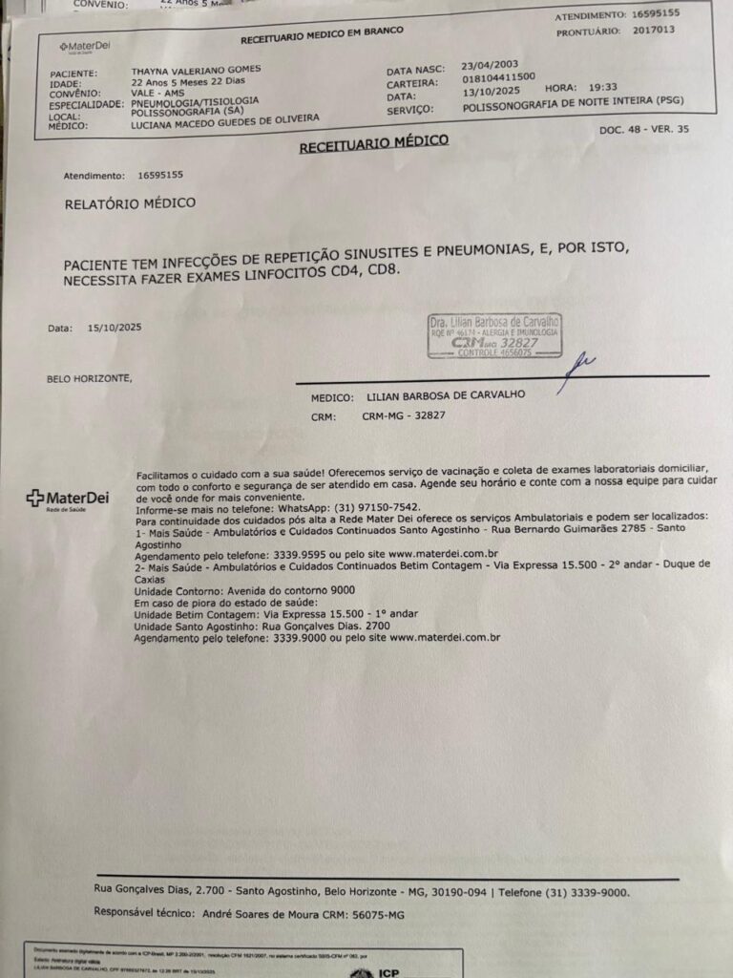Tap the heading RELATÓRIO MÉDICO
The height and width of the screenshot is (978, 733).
coord(130,203)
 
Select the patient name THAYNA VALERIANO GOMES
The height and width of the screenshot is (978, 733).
coord(196,71)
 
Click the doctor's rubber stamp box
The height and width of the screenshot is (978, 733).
coord(494,335)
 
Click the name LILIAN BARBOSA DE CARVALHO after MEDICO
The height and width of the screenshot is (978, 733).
coord(445,394)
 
